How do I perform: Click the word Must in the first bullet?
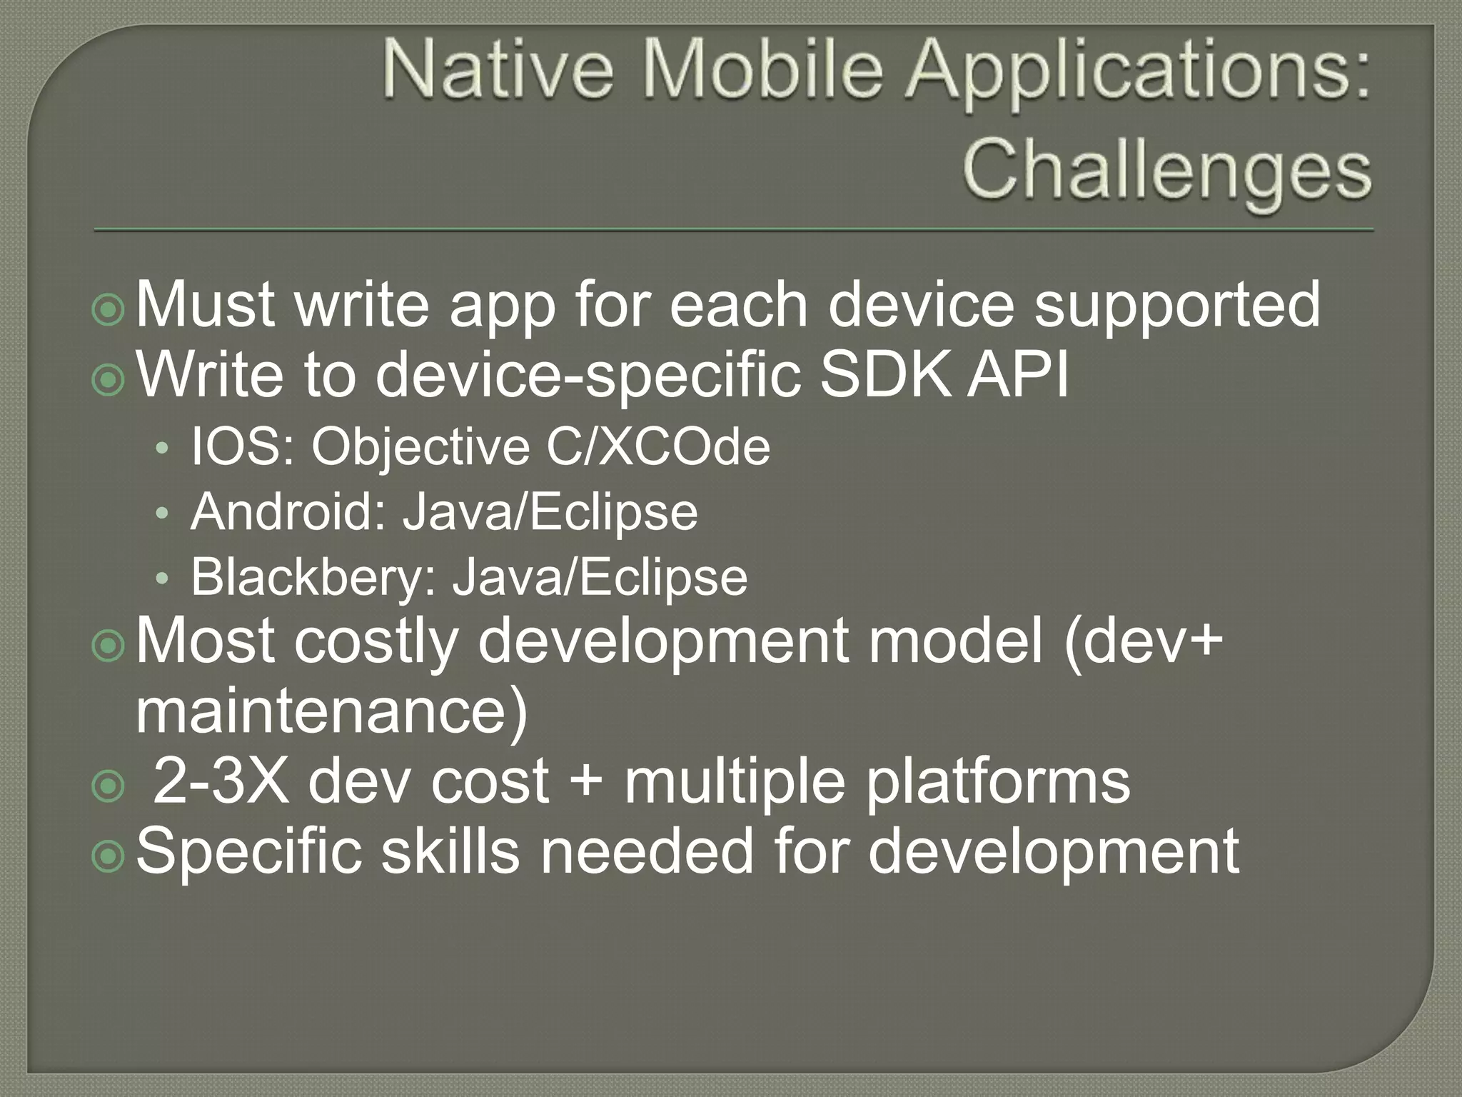206,306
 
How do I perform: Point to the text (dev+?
1143,641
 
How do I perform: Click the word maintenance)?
331,711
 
